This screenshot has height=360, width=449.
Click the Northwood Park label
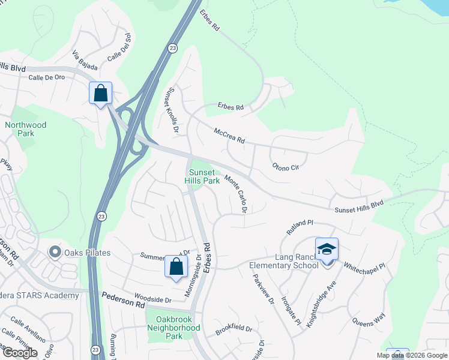tap(25, 129)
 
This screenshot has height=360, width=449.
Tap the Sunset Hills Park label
tap(202, 176)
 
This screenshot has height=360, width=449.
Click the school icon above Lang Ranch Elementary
tap(327, 249)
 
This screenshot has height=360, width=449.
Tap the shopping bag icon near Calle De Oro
tap(100, 93)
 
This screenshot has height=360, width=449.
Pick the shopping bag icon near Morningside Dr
tap(176, 267)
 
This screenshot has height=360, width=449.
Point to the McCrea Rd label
tap(229, 135)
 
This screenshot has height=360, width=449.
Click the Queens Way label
tap(369, 322)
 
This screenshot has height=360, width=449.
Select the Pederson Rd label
tap(123, 300)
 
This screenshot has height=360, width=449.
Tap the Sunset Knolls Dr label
tap(172, 110)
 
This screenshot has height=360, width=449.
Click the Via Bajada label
tap(85, 60)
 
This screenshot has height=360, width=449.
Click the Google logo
tap(20, 353)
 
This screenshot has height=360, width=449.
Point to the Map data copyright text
tap(411, 355)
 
